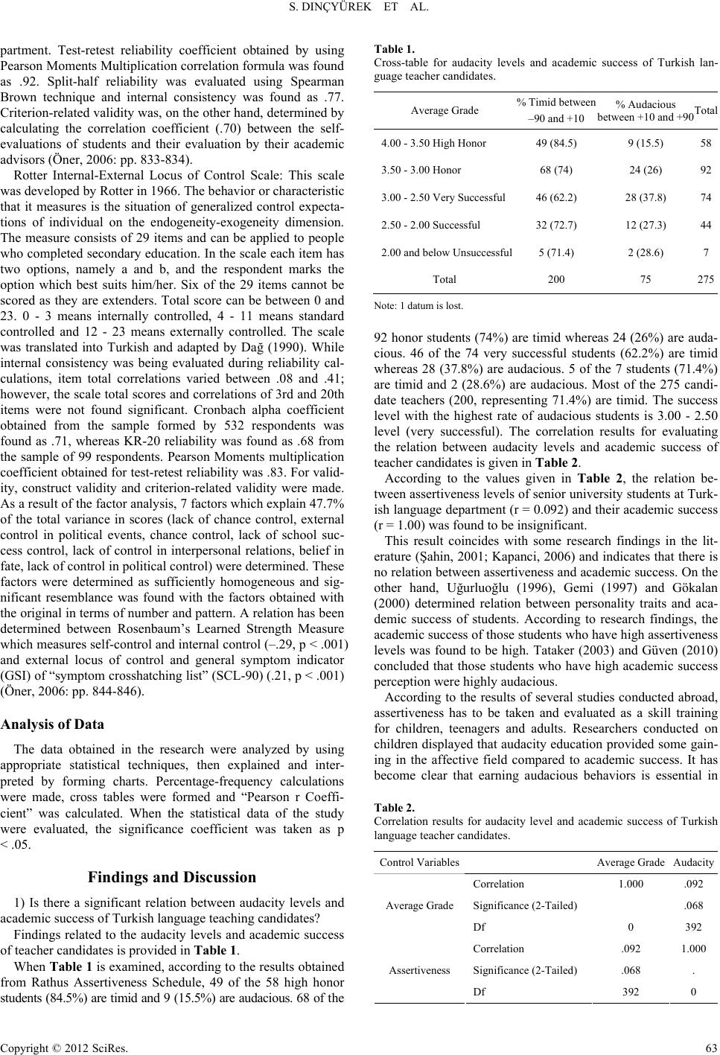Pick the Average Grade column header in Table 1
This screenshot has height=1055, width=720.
(x=445, y=110)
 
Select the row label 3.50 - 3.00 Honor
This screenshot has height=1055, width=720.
(x=421, y=170)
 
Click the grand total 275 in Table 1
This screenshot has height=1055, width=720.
(x=705, y=280)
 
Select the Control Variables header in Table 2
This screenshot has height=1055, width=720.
(x=419, y=863)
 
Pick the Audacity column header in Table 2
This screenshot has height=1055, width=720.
(x=693, y=863)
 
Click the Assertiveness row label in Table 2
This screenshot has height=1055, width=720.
(x=419, y=971)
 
